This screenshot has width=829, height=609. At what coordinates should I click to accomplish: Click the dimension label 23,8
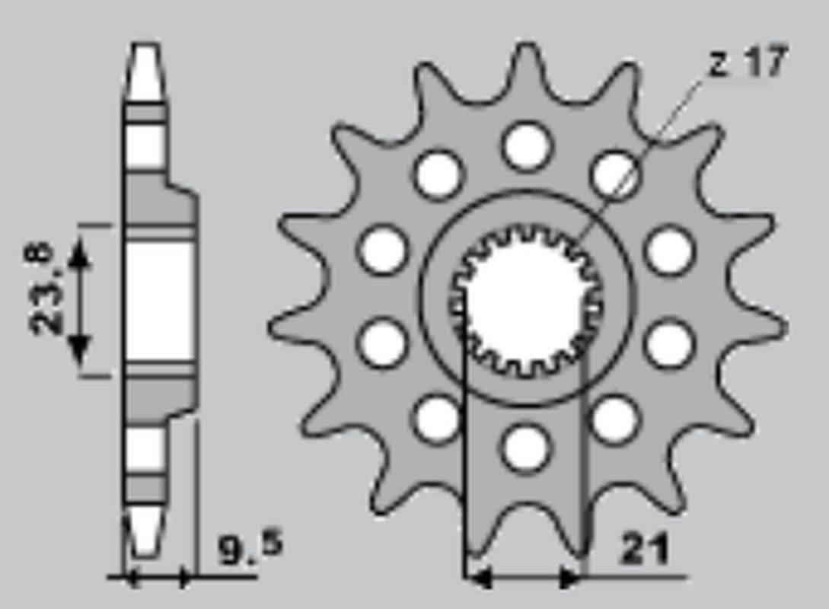pyautogui.click(x=43, y=289)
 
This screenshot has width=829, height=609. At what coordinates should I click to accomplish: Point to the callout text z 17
pyautogui.click(x=748, y=62)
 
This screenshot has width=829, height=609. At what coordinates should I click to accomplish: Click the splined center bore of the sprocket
pyautogui.click(x=527, y=301)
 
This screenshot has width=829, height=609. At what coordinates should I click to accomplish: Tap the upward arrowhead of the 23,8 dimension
pyautogui.click(x=78, y=252)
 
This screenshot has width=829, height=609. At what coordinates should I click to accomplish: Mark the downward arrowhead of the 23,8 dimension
pyautogui.click(x=78, y=352)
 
